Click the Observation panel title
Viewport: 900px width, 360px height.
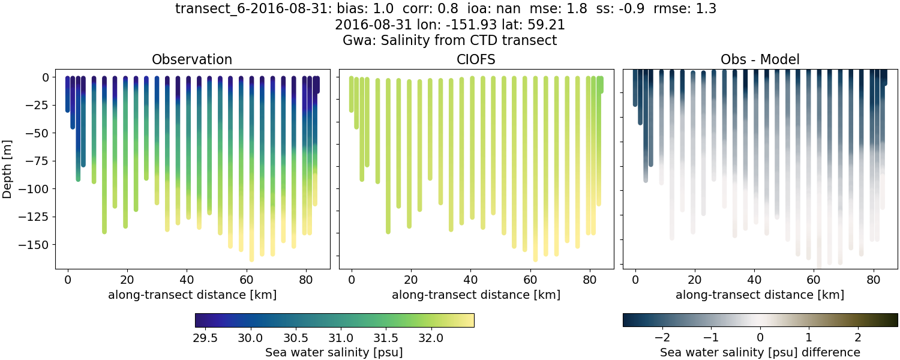pyautogui.click(x=192, y=59)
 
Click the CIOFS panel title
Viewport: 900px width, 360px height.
pyautogui.click(x=476, y=59)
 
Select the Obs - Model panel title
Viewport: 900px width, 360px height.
pyautogui.click(x=760, y=59)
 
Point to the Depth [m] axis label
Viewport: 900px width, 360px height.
pyautogui.click(x=8, y=161)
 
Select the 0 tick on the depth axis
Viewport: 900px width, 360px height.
pyautogui.click(x=47, y=77)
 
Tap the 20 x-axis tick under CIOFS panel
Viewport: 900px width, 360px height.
pyautogui.click(x=411, y=279)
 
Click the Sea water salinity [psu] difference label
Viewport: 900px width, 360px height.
pyautogui.click(x=760, y=352)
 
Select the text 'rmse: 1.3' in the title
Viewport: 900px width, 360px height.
pyautogui.click(x=689, y=9)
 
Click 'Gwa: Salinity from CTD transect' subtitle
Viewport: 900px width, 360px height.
pyautogui.click(x=449, y=40)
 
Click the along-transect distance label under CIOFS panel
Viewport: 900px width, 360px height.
pyautogui.click(x=476, y=295)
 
